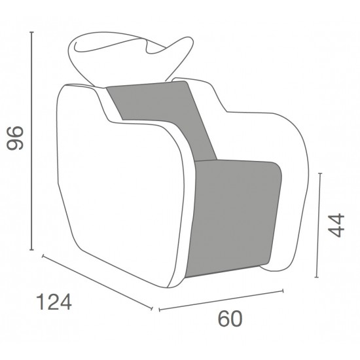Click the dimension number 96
point(15,137)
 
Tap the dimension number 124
point(54,302)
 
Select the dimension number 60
point(230,319)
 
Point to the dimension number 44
point(336,225)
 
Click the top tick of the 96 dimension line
point(32,32)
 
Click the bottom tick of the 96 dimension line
point(32,249)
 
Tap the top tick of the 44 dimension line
point(320,173)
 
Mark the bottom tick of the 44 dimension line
point(317,277)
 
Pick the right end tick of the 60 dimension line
point(283,291)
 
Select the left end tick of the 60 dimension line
point(160,310)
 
